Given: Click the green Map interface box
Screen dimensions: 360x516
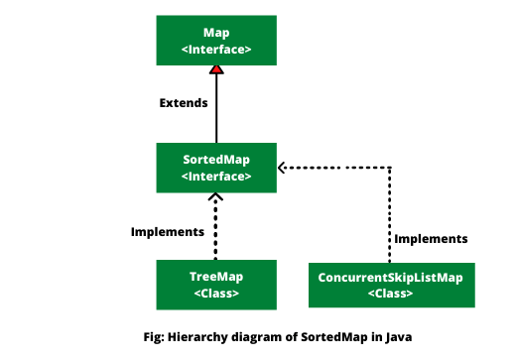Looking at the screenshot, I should click(215, 40).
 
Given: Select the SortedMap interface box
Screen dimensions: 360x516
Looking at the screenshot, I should click(215, 167).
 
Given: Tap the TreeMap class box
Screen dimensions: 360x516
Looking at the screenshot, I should click(215, 284).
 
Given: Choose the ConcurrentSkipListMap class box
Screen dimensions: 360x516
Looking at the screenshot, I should click(391, 285).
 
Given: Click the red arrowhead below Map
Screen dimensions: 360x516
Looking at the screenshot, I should click(215, 69).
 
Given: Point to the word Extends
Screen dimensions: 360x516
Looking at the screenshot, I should click(184, 102).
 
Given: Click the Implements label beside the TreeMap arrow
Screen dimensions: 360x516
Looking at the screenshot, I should click(168, 231).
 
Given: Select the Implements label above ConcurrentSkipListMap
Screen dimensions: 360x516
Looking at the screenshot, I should click(431, 239).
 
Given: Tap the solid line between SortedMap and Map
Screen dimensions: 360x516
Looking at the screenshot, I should click(215, 109).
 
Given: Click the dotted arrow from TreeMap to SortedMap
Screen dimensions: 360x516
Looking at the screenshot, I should click(215, 228).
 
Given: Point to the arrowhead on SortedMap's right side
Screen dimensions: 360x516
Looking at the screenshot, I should click(281, 167).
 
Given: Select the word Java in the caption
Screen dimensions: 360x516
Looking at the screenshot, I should click(395, 336).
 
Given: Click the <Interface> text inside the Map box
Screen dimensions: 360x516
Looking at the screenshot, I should click(215, 49).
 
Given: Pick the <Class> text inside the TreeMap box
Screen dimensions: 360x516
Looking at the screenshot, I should click(215, 294).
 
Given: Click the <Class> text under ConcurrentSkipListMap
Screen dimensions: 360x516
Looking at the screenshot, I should click(391, 294).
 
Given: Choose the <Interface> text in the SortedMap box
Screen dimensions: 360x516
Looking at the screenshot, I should click(215, 176).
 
